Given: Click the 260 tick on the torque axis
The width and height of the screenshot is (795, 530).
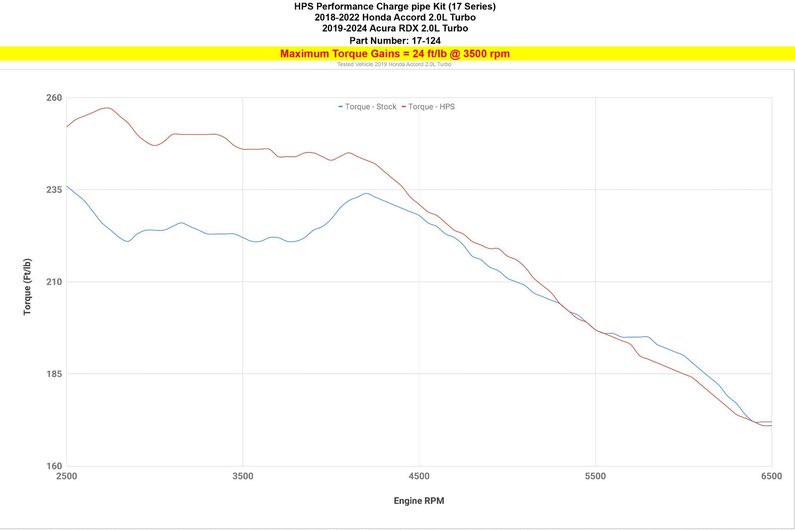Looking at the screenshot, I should coord(54,98).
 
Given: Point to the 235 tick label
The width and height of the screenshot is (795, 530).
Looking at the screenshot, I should coord(54,190).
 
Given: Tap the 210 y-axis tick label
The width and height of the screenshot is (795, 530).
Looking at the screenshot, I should coord(54,282).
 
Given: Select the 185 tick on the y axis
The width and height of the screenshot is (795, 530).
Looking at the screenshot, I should coord(54,374).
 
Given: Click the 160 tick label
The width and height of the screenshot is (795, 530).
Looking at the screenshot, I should coord(54,466).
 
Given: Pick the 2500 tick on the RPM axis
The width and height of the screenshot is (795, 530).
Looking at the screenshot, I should coord(67,476).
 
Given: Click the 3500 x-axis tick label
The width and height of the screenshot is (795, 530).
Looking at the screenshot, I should coord(242,476).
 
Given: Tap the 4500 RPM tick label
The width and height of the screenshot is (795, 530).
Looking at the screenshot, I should coord(419,476).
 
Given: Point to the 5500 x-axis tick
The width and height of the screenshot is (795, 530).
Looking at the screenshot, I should coord(595,476).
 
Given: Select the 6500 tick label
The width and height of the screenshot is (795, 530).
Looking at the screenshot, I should coord(771,476).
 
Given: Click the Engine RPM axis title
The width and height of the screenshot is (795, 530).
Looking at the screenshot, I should coord(419,501).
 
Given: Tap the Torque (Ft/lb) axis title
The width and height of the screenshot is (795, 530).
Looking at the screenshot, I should coord(27,287).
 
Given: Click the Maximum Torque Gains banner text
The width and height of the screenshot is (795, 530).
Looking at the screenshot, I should coord(395,54).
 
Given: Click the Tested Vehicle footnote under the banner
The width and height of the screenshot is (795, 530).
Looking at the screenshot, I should coord(394,65).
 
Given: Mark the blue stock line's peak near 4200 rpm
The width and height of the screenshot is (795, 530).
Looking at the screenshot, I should coord(366,193).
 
